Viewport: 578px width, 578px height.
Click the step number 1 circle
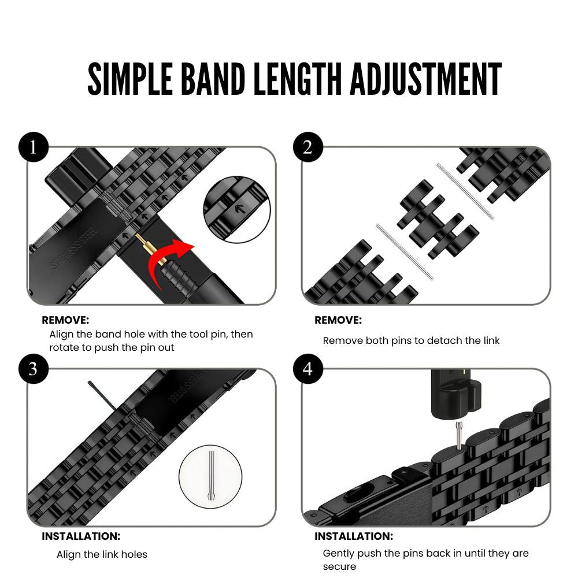point(33,148)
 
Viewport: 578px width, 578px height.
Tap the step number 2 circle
point(307,148)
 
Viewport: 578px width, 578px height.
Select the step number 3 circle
point(33,369)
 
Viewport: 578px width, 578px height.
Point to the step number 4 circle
point(307,369)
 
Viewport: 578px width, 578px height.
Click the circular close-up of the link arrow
point(236,209)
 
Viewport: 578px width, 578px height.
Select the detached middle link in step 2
point(437,220)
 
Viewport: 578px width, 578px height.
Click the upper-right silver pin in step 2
point(465,191)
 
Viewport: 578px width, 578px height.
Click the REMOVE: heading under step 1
point(65,320)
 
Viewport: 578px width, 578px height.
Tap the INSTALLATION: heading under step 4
point(354,536)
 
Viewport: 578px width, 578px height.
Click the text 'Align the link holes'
point(102,554)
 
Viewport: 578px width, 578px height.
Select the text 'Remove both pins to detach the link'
point(411,340)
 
